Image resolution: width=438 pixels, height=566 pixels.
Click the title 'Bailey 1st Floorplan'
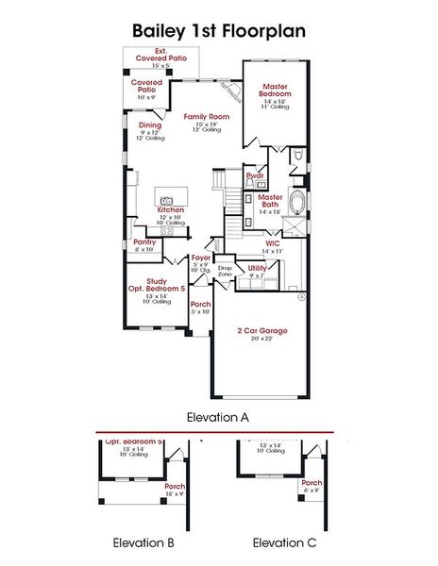pyautogui.click(x=218, y=31)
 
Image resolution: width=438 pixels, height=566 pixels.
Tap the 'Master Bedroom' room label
pyautogui.click(x=275, y=91)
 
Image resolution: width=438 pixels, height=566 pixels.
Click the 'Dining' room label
pyautogui.click(x=150, y=125)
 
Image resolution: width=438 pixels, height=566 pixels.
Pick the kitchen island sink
pyautogui.click(x=166, y=200)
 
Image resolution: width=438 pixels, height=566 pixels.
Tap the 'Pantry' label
pyautogui.click(x=144, y=241)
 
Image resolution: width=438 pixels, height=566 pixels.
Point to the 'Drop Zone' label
pyautogui.click(x=224, y=269)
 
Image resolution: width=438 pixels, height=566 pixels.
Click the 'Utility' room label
pyautogui.click(x=257, y=268)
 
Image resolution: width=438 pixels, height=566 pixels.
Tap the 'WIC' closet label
pyautogui.click(x=273, y=242)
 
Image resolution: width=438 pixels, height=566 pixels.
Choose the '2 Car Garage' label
pyautogui.click(x=261, y=330)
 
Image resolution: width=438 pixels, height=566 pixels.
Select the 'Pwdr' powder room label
pyautogui.click(x=254, y=175)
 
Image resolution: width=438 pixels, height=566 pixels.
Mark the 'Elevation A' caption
pyautogui.click(x=218, y=415)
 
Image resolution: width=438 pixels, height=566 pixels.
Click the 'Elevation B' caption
pyautogui.click(x=143, y=542)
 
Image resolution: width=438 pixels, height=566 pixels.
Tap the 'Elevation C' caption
pyautogui.click(x=284, y=542)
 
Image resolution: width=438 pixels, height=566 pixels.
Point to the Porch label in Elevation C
pyautogui.click(x=311, y=482)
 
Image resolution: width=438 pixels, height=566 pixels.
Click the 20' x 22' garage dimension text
pyautogui.click(x=261, y=340)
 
